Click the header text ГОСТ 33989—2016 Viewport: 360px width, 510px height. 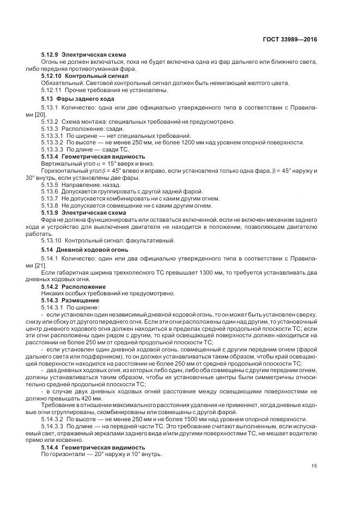(290, 40)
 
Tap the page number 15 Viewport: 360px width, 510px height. (314, 466)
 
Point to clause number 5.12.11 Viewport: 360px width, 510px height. (52, 89)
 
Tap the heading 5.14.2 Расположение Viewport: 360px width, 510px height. (74, 286)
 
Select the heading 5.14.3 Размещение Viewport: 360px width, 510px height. (70, 300)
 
